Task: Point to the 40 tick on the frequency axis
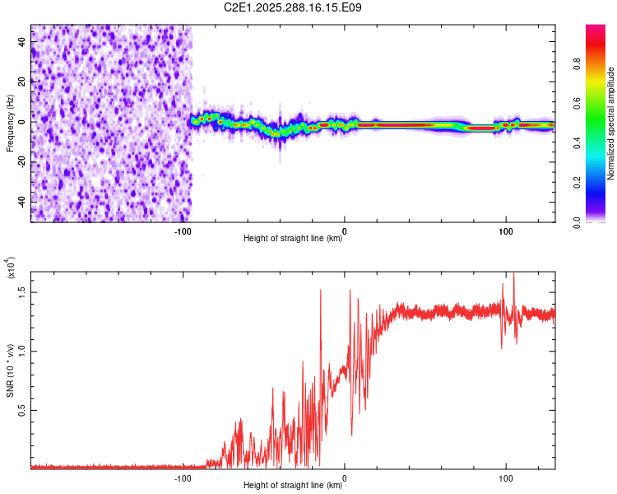(x=22, y=40)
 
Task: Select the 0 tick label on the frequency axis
(x=22, y=121)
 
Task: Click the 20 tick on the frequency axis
(x=22, y=81)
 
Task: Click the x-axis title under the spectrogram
(x=293, y=239)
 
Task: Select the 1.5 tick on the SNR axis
(x=22, y=291)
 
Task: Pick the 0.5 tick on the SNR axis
(x=22, y=409)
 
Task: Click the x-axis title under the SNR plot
(x=293, y=486)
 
